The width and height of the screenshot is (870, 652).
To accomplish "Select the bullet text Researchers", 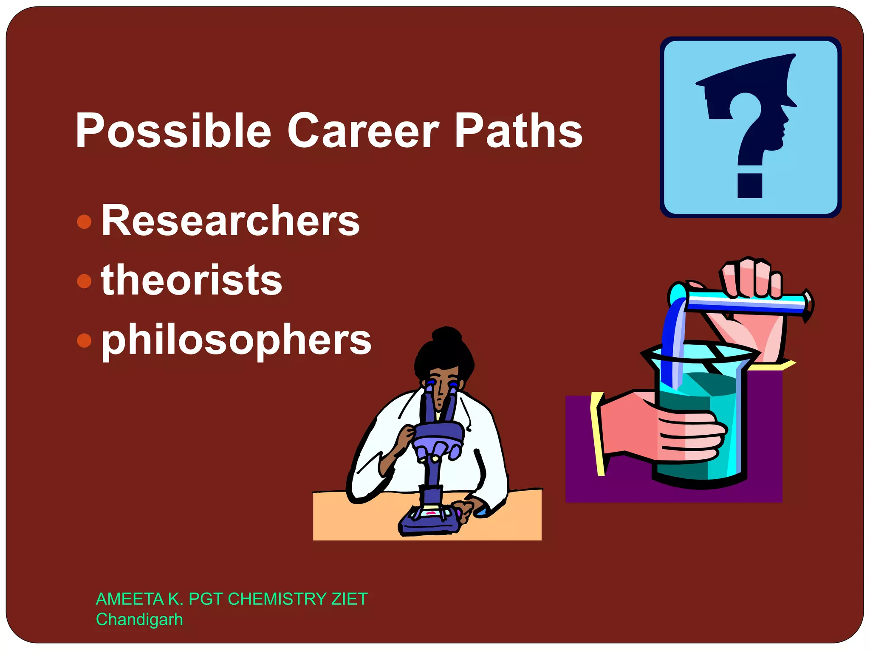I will click(x=230, y=221).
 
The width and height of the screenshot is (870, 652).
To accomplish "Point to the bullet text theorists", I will click(x=191, y=280).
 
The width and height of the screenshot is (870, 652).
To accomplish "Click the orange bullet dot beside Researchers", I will click(x=85, y=222).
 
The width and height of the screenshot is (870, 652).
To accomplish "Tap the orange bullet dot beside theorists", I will click(x=85, y=281).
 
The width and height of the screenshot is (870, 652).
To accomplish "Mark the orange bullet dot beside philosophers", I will click(x=85, y=340).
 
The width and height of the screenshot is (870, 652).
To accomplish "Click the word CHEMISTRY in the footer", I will click(x=277, y=599).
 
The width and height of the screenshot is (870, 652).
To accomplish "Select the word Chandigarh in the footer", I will click(x=139, y=619).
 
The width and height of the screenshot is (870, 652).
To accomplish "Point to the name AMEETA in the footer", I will click(x=130, y=599).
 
